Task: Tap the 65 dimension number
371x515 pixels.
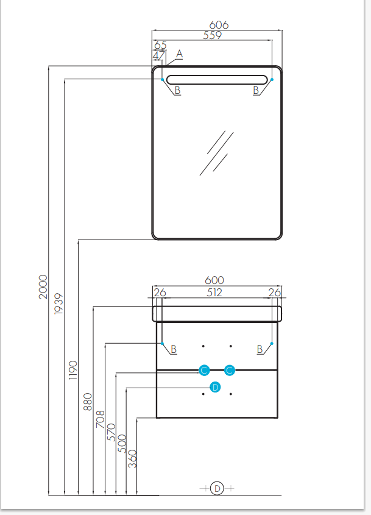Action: click(160, 45)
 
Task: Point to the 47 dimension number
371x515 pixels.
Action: click(159, 56)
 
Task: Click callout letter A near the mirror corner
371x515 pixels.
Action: click(179, 55)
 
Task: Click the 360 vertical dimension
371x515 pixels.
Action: click(133, 458)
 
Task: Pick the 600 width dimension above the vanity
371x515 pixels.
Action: click(216, 280)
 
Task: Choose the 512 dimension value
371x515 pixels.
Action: click(214, 293)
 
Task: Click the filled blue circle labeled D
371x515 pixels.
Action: click(214, 387)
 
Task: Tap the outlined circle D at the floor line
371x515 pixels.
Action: click(217, 488)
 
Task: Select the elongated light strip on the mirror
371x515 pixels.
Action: click(217, 79)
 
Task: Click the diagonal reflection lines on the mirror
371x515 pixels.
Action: click(217, 152)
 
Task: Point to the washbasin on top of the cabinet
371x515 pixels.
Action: click(217, 314)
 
